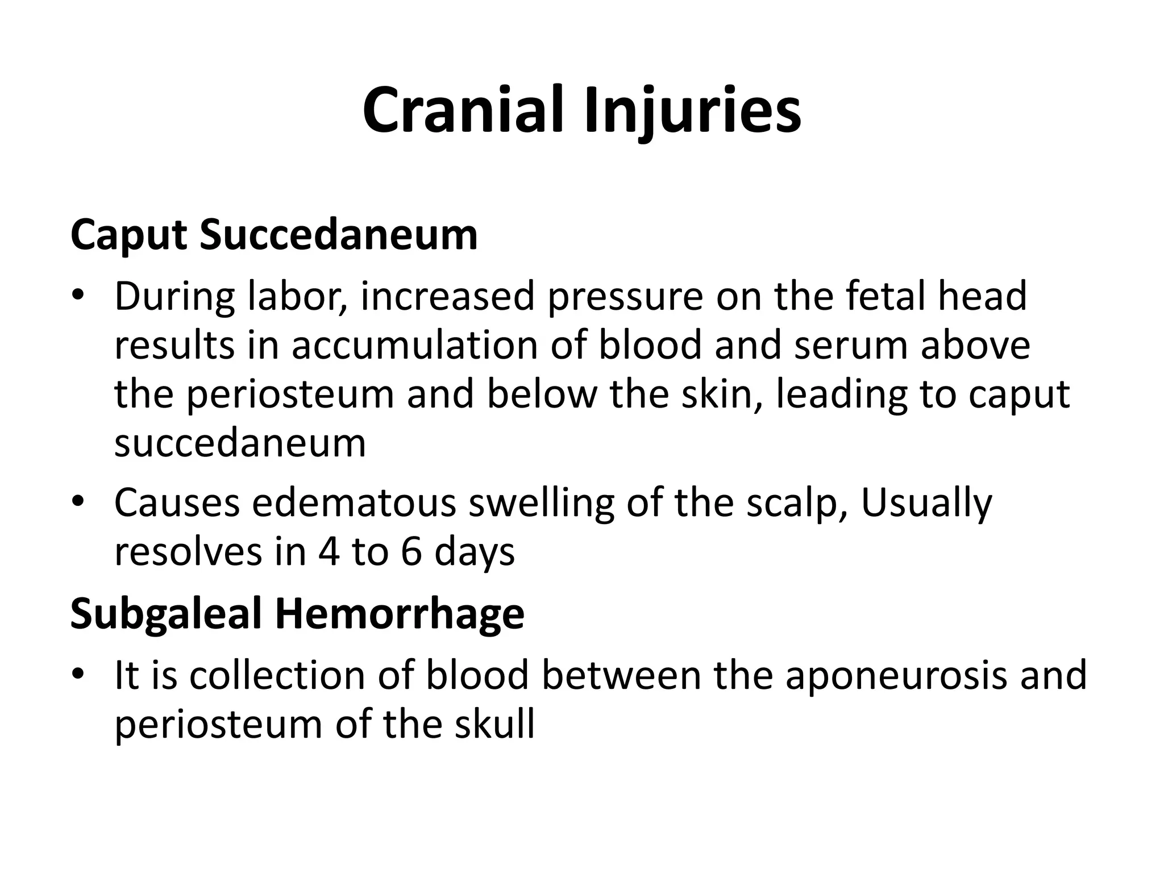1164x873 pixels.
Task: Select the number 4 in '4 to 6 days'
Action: (x=329, y=551)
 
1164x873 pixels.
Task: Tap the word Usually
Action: (x=926, y=502)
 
